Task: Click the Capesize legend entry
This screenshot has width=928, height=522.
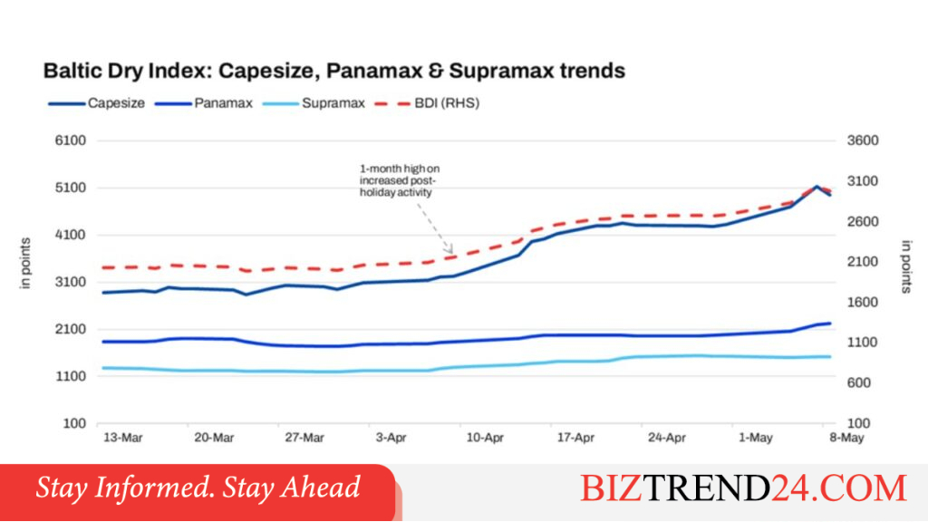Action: pos(96,103)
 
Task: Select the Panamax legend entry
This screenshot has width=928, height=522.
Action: pos(204,103)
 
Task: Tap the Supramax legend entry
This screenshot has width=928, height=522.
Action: pos(314,103)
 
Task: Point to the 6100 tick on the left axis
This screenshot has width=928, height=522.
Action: pos(71,140)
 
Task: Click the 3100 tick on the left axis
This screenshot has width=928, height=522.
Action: pos(71,283)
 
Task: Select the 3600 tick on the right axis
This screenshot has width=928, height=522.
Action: pos(863,140)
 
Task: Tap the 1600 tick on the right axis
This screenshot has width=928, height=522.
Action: pos(863,303)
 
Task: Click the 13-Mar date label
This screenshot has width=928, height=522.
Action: pos(123,438)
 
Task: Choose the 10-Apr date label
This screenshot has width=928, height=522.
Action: pos(485,438)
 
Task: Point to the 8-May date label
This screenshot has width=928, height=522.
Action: pos(846,438)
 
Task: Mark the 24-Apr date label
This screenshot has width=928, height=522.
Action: pos(666,438)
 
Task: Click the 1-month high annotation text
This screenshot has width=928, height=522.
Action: pos(400,180)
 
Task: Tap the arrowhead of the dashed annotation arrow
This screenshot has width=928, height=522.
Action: pos(451,252)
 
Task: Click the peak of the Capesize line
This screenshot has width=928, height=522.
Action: pos(817,187)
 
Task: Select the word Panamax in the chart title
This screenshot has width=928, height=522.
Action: pos(374,71)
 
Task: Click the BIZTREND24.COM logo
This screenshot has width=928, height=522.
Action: pos(743,488)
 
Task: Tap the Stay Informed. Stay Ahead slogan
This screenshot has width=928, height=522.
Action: pos(198,488)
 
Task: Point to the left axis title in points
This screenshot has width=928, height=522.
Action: pos(24,264)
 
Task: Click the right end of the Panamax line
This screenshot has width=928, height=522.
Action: pos(830,324)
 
